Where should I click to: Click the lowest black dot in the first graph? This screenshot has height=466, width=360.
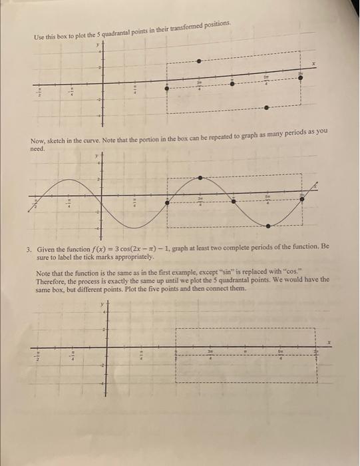[267, 107]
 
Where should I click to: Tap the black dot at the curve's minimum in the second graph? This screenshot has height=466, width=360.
[268, 225]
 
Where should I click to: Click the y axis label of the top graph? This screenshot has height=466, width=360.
[97, 45]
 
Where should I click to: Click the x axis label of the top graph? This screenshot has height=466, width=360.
[313, 64]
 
